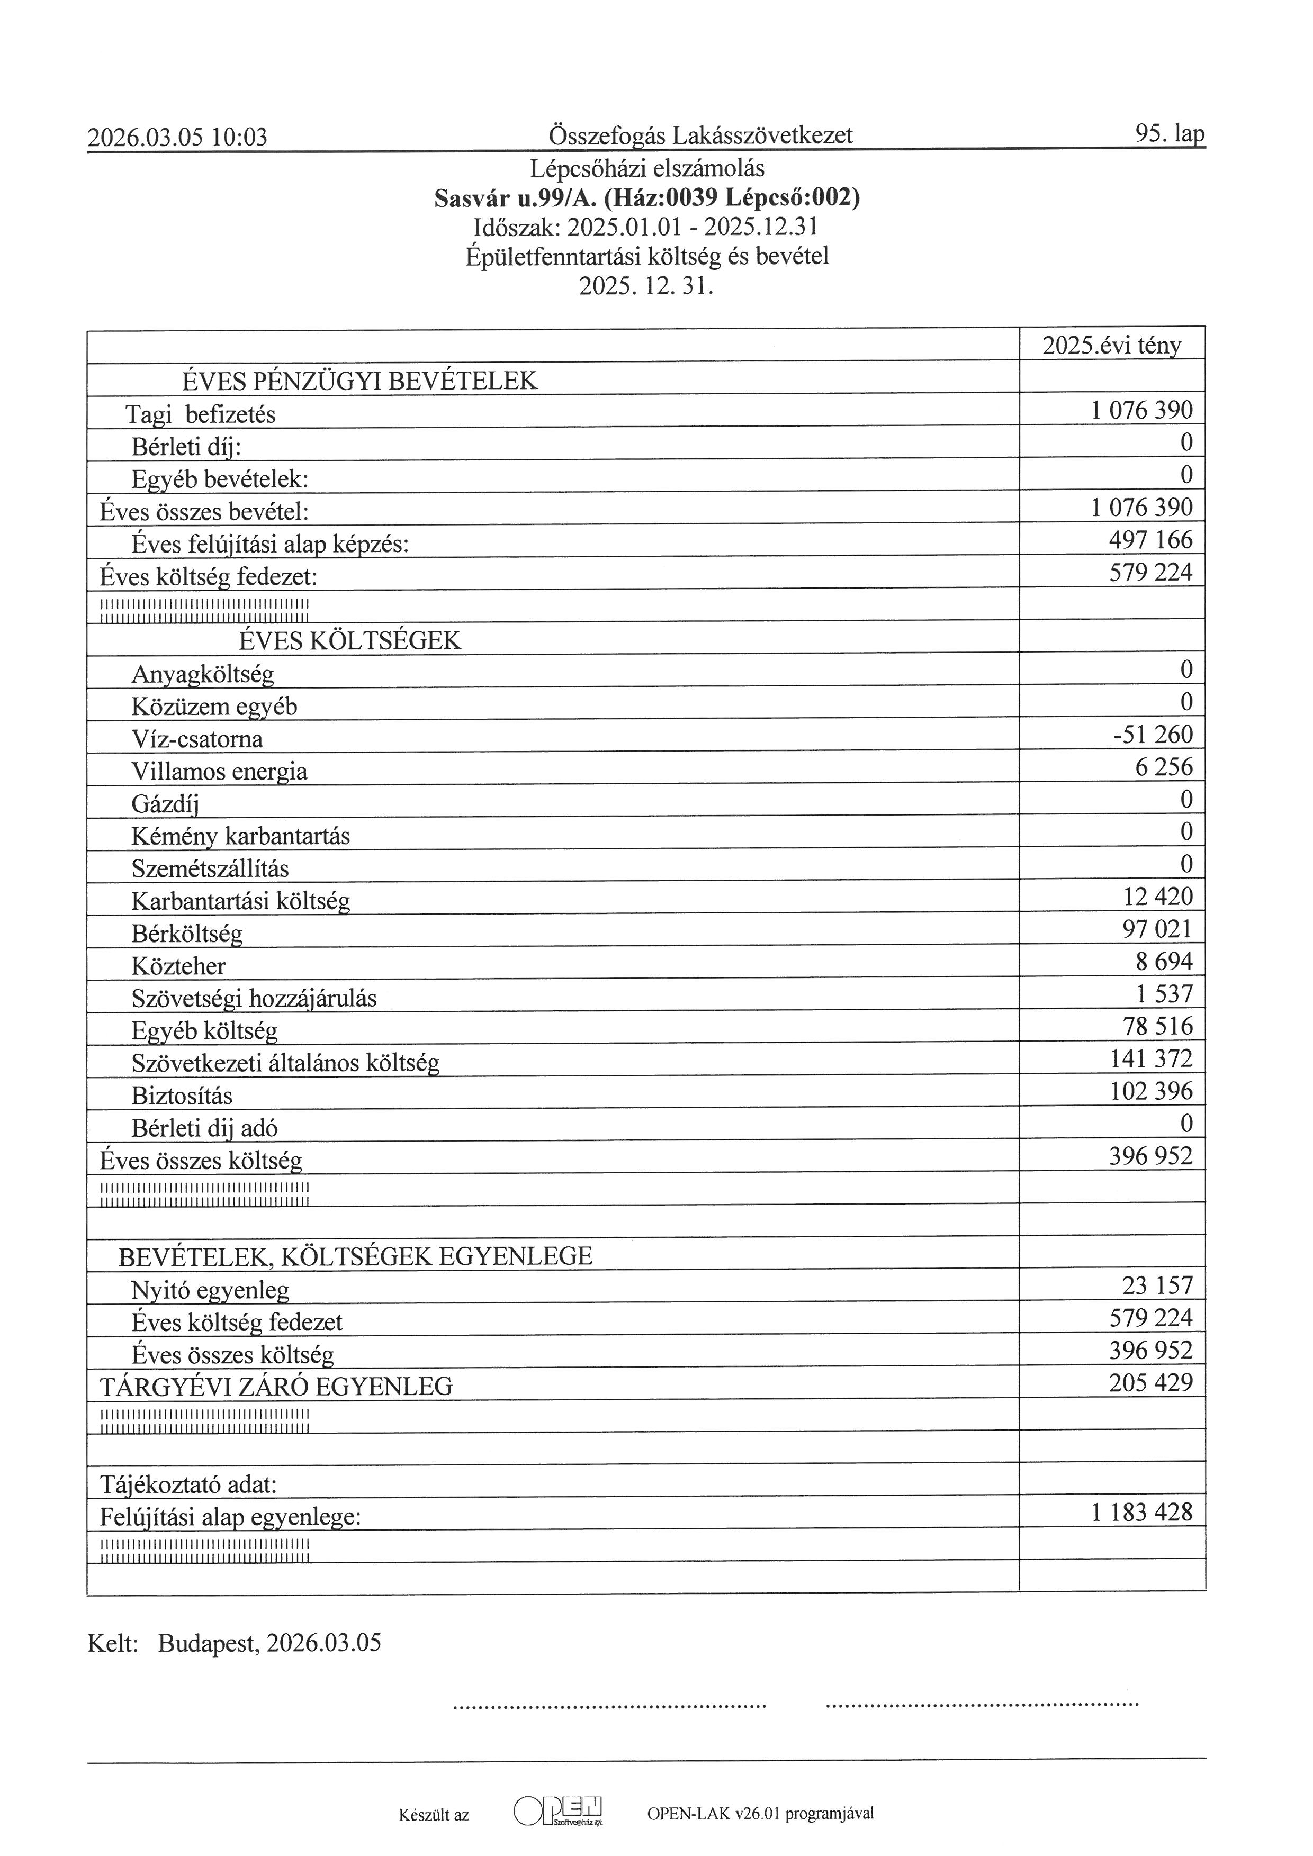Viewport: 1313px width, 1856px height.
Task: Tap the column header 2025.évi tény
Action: [1112, 346]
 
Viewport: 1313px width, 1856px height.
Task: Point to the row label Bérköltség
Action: [187, 934]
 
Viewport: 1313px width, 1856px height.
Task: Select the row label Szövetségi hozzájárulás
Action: [254, 998]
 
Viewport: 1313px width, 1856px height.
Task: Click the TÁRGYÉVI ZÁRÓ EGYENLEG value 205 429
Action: [1150, 1382]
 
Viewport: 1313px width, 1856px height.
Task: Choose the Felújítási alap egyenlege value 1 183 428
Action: [1141, 1511]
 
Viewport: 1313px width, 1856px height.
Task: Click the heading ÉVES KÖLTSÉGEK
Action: [349, 641]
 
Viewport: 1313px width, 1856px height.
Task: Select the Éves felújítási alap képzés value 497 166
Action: [1150, 540]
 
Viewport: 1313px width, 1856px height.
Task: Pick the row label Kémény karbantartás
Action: [240, 836]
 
